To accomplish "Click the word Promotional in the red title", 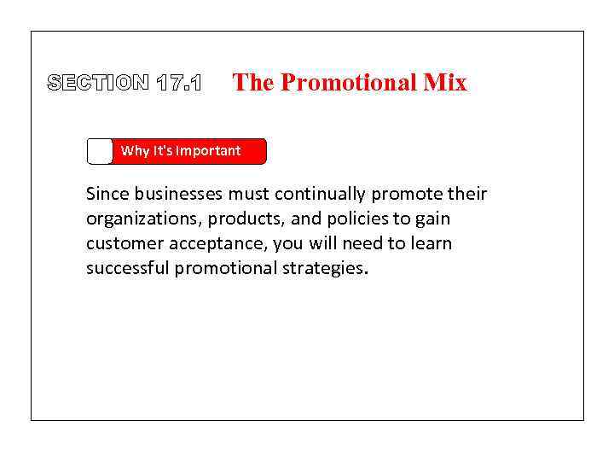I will [x=350, y=83].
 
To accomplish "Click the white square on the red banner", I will [x=100, y=151].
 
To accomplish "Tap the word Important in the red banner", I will [x=208, y=151].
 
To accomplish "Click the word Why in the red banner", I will [x=135, y=151].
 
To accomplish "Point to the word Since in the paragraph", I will [x=106, y=194].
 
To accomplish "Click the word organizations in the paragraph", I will [x=140, y=219].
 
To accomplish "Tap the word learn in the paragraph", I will [x=432, y=243].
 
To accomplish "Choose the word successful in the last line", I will [x=127, y=268].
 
